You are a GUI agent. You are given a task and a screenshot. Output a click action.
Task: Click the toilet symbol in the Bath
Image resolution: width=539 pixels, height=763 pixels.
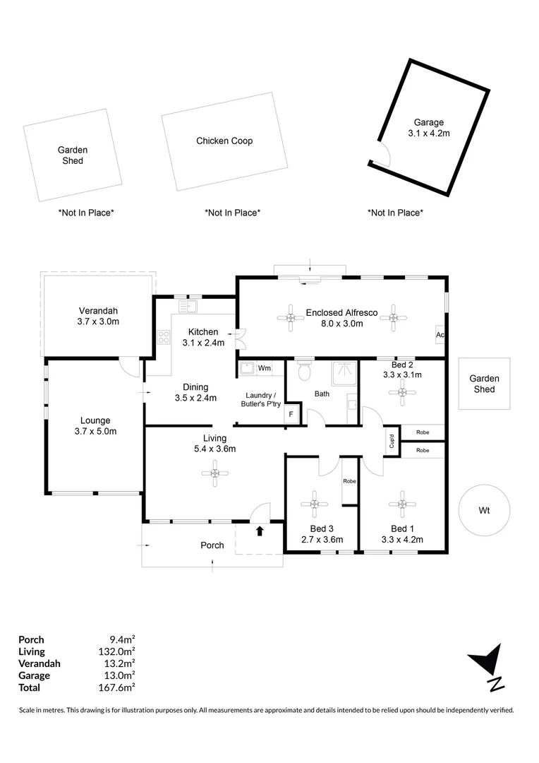[305, 369]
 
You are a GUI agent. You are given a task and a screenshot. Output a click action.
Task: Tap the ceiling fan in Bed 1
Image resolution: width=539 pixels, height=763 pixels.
[401, 503]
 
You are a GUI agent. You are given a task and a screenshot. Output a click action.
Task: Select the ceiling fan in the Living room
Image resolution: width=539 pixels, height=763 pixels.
[214, 473]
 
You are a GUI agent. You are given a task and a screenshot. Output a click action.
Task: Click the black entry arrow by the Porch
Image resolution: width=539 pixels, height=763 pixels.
[260, 530]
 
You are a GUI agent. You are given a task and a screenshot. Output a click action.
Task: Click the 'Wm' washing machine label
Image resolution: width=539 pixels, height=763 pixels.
[265, 368]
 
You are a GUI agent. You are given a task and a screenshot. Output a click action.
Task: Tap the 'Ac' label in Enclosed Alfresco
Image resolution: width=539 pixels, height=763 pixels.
[440, 334]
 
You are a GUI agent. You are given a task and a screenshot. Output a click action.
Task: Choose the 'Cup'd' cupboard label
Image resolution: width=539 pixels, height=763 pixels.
[392, 441]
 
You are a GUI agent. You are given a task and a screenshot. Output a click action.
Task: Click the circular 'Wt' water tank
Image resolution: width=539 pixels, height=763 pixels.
[483, 510]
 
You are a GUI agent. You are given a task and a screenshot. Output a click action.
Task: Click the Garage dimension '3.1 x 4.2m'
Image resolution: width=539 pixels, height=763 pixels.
[428, 133]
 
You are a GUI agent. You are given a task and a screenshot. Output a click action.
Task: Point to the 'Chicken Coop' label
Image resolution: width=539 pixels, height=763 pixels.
[224, 141]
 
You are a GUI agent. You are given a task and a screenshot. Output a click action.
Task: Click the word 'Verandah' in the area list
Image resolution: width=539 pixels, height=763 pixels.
[39, 663]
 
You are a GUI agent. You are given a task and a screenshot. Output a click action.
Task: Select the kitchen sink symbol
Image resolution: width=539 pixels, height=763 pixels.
[190, 306]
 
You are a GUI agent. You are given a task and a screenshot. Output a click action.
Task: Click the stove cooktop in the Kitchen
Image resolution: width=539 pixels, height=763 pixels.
[164, 338]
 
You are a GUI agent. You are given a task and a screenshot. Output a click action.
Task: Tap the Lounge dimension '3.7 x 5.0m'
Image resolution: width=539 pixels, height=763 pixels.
[95, 432]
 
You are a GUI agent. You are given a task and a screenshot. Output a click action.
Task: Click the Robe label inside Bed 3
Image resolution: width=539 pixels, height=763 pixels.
[349, 481]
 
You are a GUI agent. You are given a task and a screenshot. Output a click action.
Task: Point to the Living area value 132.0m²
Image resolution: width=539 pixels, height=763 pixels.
[117, 651]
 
